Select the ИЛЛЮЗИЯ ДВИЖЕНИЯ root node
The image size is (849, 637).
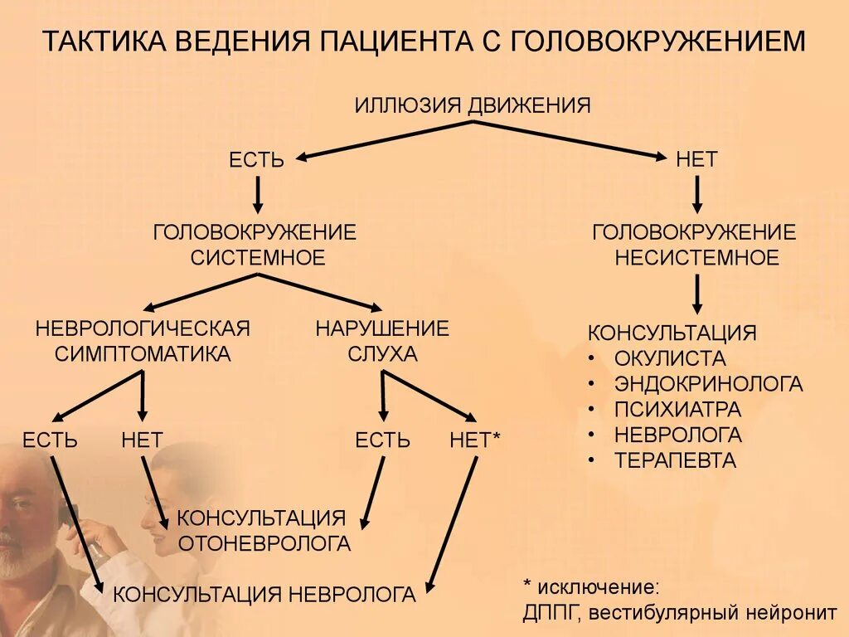(x=473, y=105)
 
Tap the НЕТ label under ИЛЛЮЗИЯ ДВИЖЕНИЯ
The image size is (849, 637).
(x=696, y=159)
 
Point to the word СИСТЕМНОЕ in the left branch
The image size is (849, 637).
(x=258, y=257)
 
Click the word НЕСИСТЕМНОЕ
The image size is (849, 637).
(x=696, y=257)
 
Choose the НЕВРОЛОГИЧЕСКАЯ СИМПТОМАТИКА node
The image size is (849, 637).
(x=143, y=340)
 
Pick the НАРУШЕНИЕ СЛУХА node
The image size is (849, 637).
(x=382, y=340)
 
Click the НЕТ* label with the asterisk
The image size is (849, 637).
(x=475, y=440)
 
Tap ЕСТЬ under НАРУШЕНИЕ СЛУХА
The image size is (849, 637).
(x=382, y=440)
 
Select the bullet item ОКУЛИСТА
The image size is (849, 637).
(x=670, y=359)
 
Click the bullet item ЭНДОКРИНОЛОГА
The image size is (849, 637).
(x=708, y=384)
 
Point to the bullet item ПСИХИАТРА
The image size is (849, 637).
(x=677, y=409)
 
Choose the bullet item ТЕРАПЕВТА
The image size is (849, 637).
(x=675, y=460)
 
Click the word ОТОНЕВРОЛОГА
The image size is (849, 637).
(x=264, y=544)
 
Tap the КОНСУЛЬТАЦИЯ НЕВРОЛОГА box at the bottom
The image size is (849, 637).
(x=264, y=594)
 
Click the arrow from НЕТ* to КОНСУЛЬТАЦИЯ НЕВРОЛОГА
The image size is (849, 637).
(x=452, y=523)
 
